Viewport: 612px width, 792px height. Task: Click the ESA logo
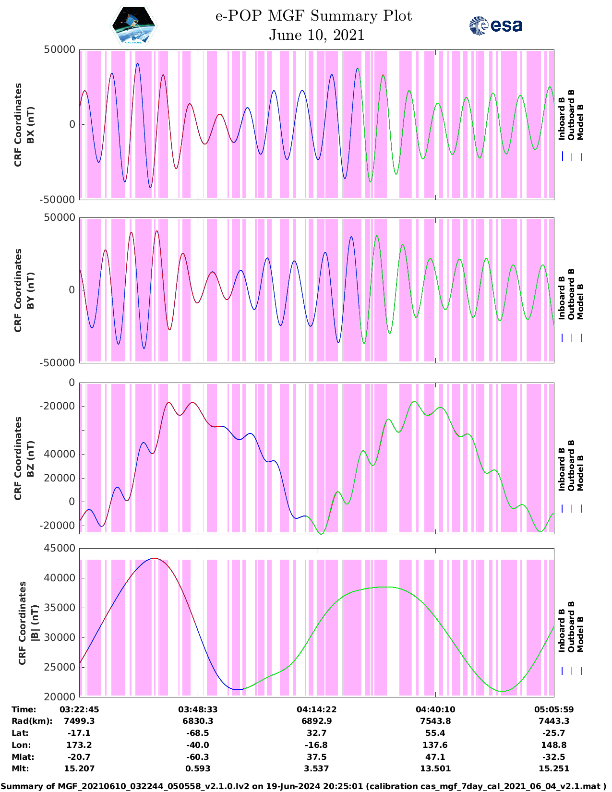[496, 25]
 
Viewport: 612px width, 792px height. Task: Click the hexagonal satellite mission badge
[134, 26]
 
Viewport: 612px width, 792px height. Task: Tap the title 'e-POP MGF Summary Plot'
[313, 16]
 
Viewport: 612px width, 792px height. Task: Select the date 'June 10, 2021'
[316, 35]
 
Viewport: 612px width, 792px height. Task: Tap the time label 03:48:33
[198, 709]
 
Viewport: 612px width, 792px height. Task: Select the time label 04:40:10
[435, 709]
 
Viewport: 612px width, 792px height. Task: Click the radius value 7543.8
[435, 721]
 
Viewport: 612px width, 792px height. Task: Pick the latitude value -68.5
[198, 733]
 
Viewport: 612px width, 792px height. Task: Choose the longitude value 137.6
[435, 745]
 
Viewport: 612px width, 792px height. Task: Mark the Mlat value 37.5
[317, 757]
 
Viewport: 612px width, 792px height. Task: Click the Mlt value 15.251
[554, 768]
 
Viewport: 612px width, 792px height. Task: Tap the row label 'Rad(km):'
[32, 721]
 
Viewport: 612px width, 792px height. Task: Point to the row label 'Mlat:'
[23, 757]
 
